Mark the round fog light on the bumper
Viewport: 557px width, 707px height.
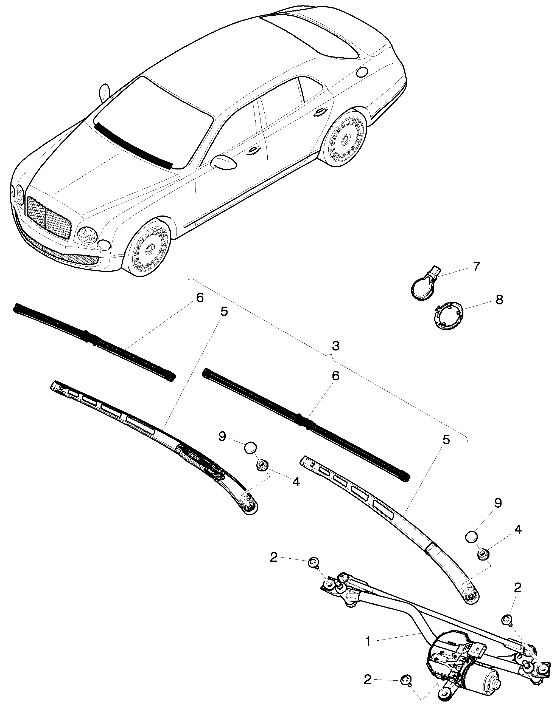(x=104, y=245)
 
